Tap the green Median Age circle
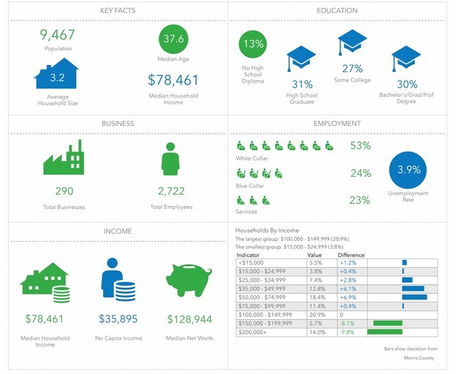click(x=174, y=39)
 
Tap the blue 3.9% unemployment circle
click(x=408, y=170)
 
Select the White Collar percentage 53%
click(x=360, y=146)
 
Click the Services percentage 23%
click(x=360, y=200)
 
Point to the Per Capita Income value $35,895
click(x=118, y=318)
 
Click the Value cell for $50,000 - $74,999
click(x=316, y=297)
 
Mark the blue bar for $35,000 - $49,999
click(x=413, y=288)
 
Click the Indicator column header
click(x=248, y=254)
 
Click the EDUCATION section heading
click(x=337, y=11)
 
